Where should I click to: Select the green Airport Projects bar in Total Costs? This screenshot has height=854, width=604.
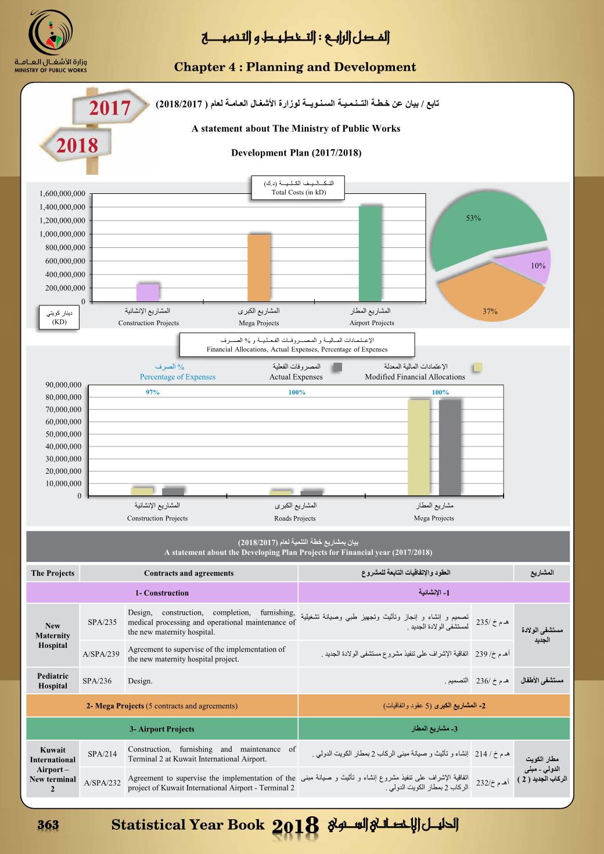click(x=370, y=253)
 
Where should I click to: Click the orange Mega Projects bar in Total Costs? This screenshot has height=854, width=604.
click(x=258, y=267)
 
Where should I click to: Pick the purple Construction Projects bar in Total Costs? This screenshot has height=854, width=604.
click(x=148, y=292)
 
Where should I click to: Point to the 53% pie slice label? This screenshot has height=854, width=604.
click(x=473, y=218)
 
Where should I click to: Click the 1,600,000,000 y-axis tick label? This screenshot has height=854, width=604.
click(x=62, y=194)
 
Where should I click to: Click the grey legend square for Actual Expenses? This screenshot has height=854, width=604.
click(x=337, y=367)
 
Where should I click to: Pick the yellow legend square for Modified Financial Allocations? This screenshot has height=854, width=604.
click(x=478, y=367)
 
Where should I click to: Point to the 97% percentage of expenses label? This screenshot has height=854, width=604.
click(x=152, y=392)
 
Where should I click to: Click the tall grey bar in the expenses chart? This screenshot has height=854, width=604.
click(x=450, y=447)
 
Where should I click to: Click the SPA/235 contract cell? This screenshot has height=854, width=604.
click(x=102, y=622)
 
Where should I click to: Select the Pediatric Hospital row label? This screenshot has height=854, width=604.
click(x=53, y=680)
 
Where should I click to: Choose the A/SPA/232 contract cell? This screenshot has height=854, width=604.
click(x=102, y=783)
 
